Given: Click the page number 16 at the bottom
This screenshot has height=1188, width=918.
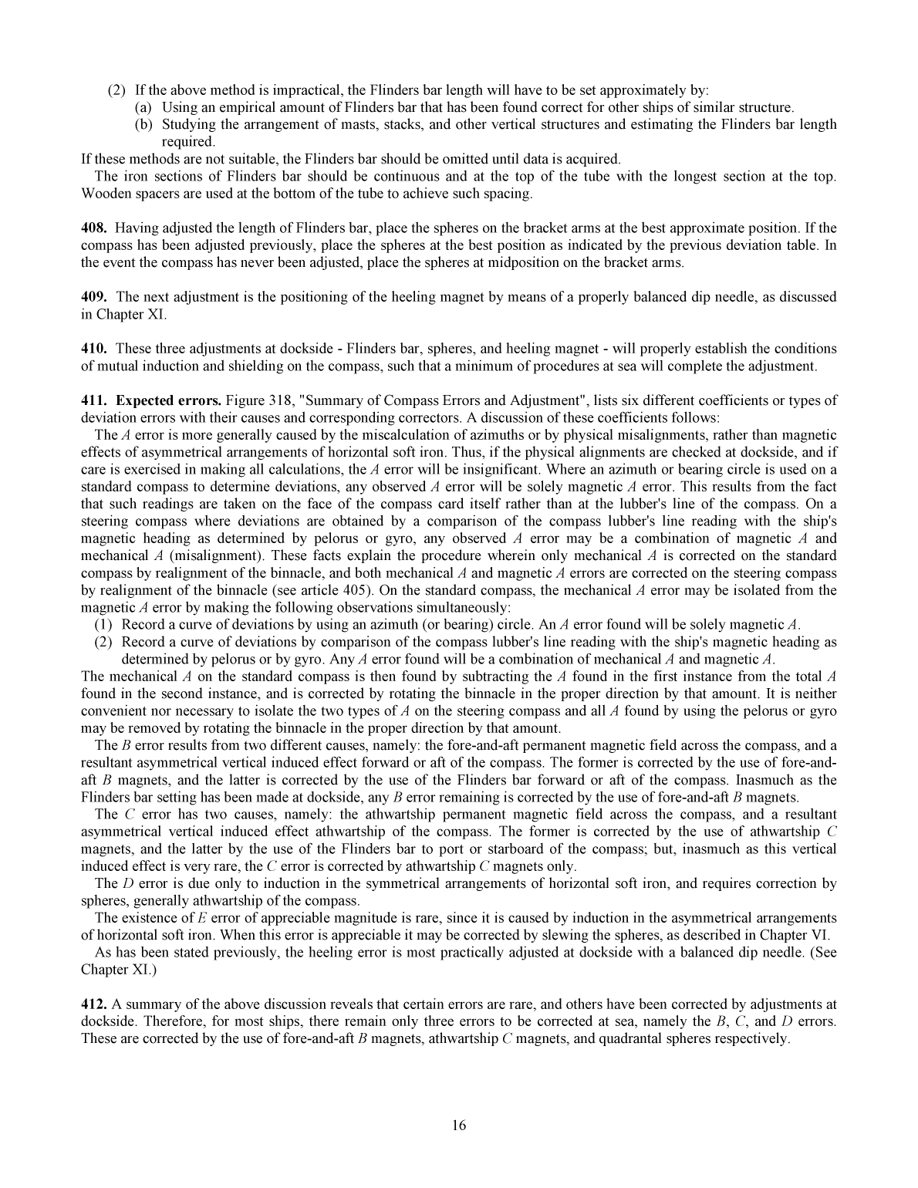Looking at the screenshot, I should pos(459,1126).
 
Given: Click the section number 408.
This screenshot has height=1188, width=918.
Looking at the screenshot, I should pos(93,228).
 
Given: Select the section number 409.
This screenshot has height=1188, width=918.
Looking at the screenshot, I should pos(93,297).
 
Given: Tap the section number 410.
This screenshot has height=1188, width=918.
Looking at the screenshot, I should pos(93,349).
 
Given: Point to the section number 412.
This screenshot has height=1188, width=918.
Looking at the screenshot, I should pos(93,1004).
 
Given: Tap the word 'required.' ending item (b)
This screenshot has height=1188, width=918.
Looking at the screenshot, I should pos(187,142).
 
